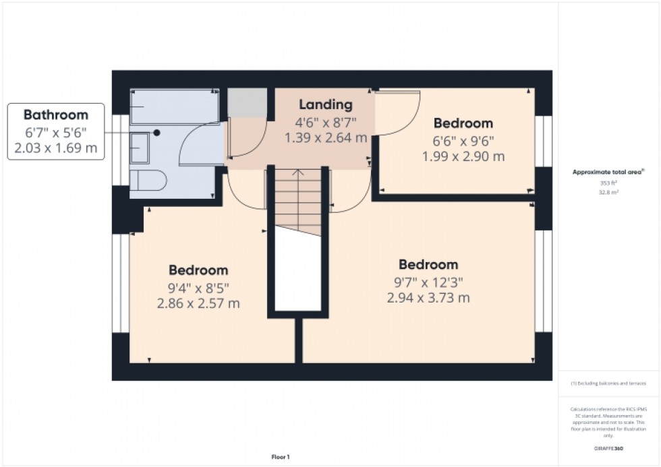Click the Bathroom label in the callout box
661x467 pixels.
pyautogui.click(x=56, y=115)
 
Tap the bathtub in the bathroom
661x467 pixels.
pyautogui.click(x=174, y=106)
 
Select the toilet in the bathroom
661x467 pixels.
pyautogui.click(x=146, y=180)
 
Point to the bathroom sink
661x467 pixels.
pyautogui.click(x=140, y=147)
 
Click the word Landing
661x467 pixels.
pyautogui.click(x=326, y=104)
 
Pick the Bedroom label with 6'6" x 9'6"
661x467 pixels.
pyautogui.click(x=463, y=123)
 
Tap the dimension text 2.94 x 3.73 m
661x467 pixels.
pyautogui.click(x=428, y=297)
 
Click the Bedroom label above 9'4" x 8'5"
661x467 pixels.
pyautogui.click(x=198, y=270)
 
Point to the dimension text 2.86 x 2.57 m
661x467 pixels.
pyautogui.click(x=198, y=303)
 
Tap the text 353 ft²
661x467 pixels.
pyautogui.click(x=609, y=183)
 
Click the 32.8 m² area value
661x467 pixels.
pyautogui.click(x=609, y=192)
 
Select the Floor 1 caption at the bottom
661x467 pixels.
pyautogui.click(x=280, y=458)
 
